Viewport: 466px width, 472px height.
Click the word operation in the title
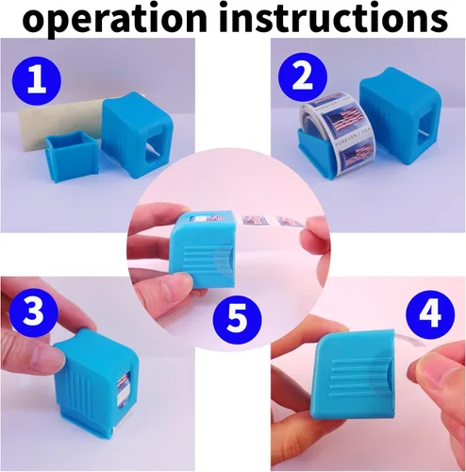coord(115,19)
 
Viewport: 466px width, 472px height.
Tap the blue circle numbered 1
coord(36,80)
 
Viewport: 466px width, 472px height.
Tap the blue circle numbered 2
coord(303,76)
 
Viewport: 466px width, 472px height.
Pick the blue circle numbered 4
coord(430,313)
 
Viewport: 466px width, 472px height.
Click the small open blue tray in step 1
coord(72,157)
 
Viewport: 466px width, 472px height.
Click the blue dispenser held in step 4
coord(354,374)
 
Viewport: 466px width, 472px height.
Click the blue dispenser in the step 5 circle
coord(202,248)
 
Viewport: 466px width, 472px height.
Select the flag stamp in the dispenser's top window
coord(208,218)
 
